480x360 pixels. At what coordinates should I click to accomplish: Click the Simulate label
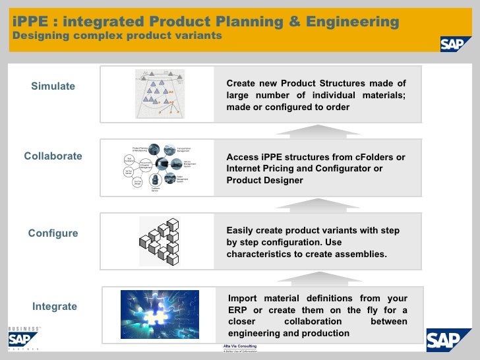53,86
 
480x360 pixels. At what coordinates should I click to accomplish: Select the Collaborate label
53,156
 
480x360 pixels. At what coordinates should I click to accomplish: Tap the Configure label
53,233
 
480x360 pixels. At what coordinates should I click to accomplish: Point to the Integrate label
55,307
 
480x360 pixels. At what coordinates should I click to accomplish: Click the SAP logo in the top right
456,44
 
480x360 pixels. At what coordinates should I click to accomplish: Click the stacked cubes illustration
160,241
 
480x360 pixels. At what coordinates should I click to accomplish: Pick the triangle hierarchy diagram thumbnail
160,94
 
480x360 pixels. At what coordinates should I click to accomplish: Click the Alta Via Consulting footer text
240,346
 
